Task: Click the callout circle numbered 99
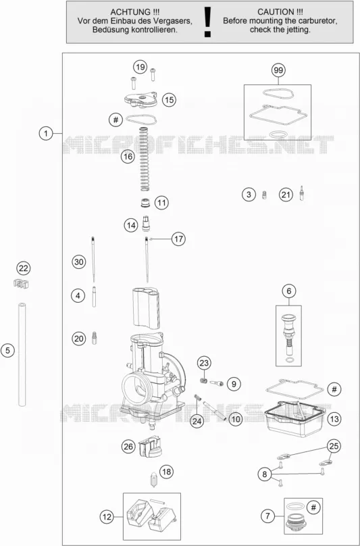click(278, 70)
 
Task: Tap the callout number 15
click(169, 100)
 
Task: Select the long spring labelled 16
click(145, 159)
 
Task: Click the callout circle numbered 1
click(46, 133)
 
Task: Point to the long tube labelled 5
click(22, 355)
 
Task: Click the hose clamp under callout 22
click(21, 283)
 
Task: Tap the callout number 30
click(79, 262)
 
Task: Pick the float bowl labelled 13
click(294, 419)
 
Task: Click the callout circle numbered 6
click(289, 291)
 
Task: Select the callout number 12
click(107, 517)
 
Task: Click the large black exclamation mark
click(208, 22)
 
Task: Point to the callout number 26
click(128, 446)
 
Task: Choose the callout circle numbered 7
click(267, 516)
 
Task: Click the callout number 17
click(178, 239)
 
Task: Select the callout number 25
click(334, 446)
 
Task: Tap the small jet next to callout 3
click(264, 195)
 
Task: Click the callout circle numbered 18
click(166, 472)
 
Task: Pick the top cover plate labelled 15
click(140, 100)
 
